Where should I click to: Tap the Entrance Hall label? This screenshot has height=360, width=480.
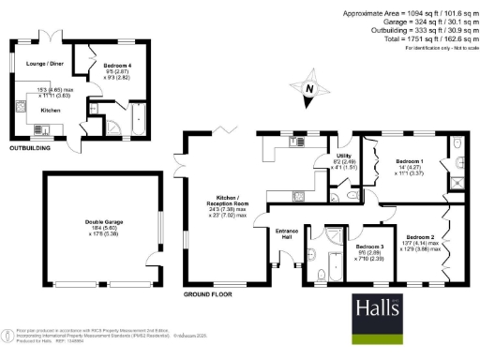[x=285, y=233]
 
